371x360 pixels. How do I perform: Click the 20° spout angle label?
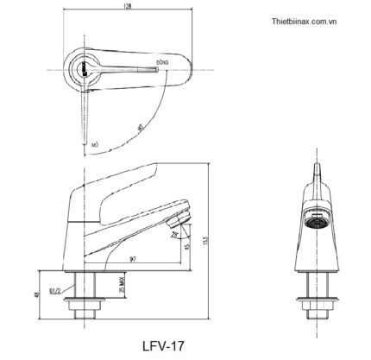click(174, 233)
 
